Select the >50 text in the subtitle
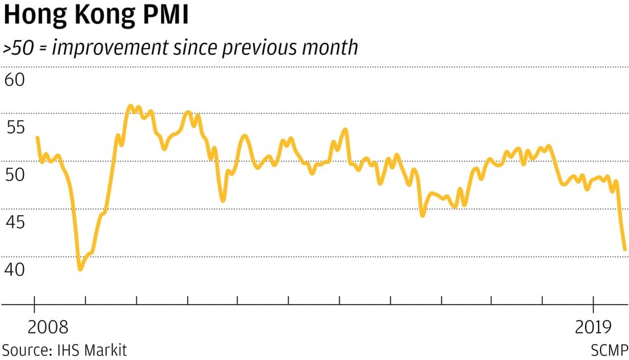click(19, 49)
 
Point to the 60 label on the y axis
click(15, 80)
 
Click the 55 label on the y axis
click(15, 128)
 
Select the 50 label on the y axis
click(15, 175)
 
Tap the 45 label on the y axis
click(15, 223)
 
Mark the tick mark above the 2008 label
click(35, 300)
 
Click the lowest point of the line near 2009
click(80, 269)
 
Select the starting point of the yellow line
click(37, 137)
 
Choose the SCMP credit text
click(609, 350)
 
